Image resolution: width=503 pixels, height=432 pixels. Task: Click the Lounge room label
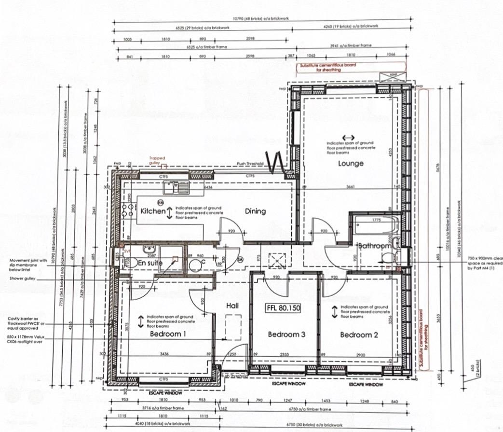point(351,164)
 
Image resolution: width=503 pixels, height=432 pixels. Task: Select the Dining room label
point(255,211)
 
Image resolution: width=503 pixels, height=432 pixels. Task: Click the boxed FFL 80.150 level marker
point(283,307)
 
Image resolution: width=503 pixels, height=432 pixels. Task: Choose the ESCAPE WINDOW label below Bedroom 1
point(166,393)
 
